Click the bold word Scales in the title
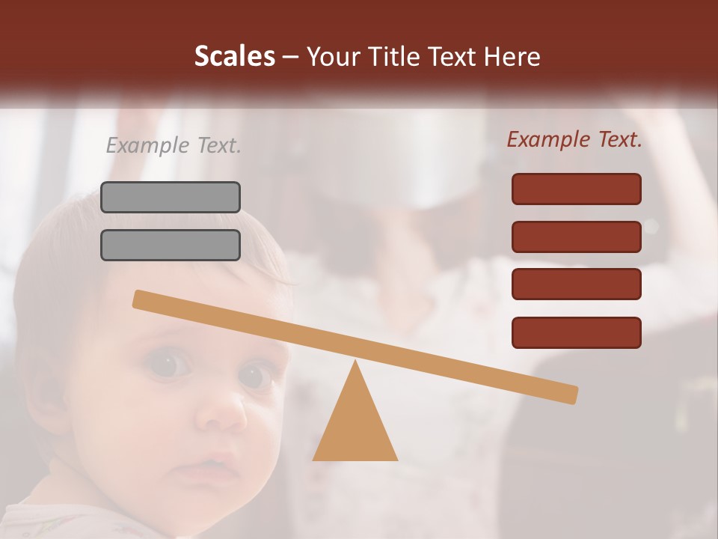[235, 57]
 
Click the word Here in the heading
[513, 57]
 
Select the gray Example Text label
[174, 145]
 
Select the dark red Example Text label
[574, 139]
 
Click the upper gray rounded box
[171, 197]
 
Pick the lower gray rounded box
[171, 245]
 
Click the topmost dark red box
[576, 189]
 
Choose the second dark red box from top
[576, 237]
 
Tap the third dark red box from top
[576, 284]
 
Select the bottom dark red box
[576, 332]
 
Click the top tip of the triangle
[355, 362]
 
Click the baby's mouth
[201, 472]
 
